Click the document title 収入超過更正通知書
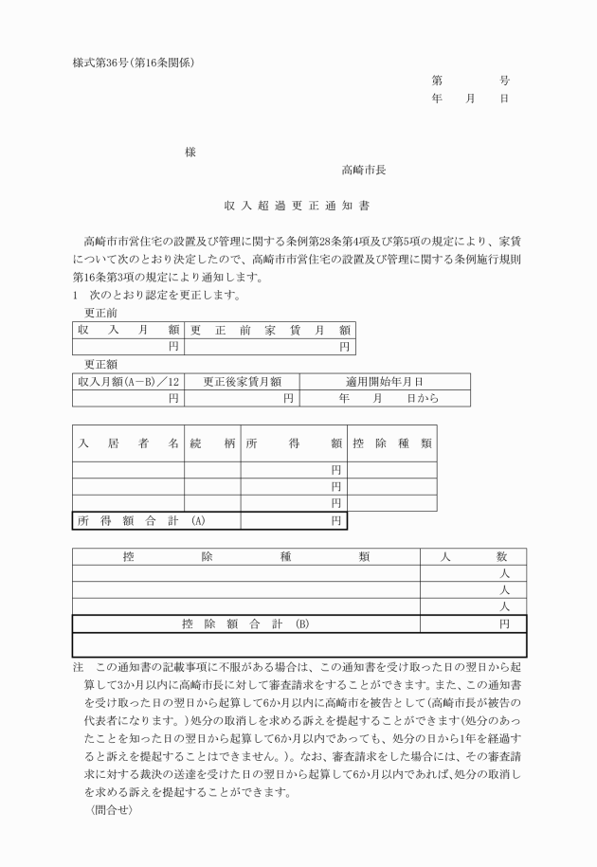298,204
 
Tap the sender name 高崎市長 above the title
363,172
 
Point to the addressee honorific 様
190,153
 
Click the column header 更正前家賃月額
270,330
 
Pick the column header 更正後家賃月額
243,382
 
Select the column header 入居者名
129,443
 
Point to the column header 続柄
211,443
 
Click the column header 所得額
294,443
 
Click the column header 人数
475,557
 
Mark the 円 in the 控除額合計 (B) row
505,623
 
